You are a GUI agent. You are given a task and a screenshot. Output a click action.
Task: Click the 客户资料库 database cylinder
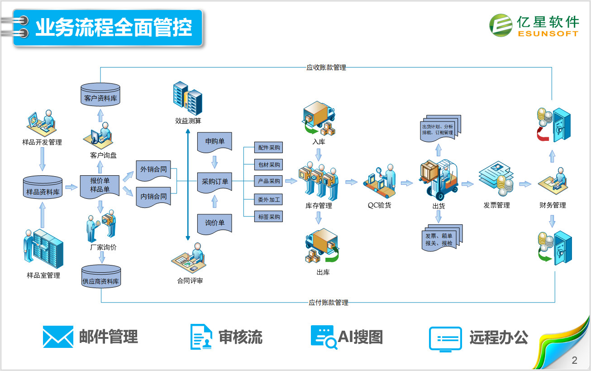[100, 94]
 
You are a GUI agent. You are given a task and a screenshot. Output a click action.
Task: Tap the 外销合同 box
[153, 170]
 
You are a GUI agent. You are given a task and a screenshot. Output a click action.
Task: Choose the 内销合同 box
[153, 197]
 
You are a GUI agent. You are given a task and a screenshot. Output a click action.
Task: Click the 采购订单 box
[214, 182]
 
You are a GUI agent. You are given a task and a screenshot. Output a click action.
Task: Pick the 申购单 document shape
[214, 142]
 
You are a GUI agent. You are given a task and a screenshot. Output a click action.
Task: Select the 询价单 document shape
[214, 223]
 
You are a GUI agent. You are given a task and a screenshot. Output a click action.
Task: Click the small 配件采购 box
[269, 148]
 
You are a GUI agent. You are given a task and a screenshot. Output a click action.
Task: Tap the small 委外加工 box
[269, 199]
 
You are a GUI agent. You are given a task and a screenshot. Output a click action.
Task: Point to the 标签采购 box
[269, 217]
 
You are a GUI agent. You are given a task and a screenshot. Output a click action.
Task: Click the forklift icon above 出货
[439, 179]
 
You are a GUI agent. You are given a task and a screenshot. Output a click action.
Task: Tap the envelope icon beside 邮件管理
[58, 337]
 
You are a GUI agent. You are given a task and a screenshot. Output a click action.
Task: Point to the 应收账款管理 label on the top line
[326, 68]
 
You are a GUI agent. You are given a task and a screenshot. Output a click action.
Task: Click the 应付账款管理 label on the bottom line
[329, 303]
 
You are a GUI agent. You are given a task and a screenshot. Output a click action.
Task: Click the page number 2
[575, 361]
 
